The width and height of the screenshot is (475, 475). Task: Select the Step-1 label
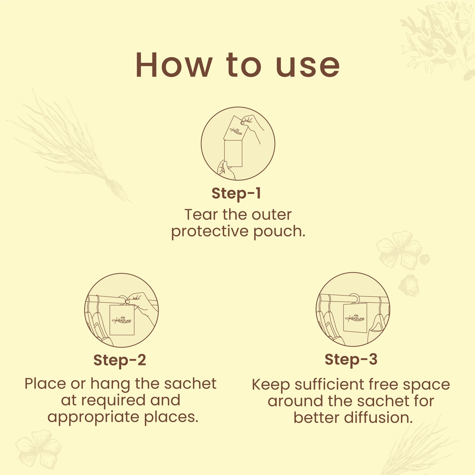point(236,193)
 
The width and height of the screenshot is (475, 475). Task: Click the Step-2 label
point(120,360)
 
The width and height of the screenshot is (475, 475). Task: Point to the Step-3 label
point(351,359)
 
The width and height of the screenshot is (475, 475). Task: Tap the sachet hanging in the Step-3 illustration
point(355,318)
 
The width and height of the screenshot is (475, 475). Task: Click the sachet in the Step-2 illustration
point(122,320)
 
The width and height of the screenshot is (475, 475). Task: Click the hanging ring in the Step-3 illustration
point(355,297)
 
